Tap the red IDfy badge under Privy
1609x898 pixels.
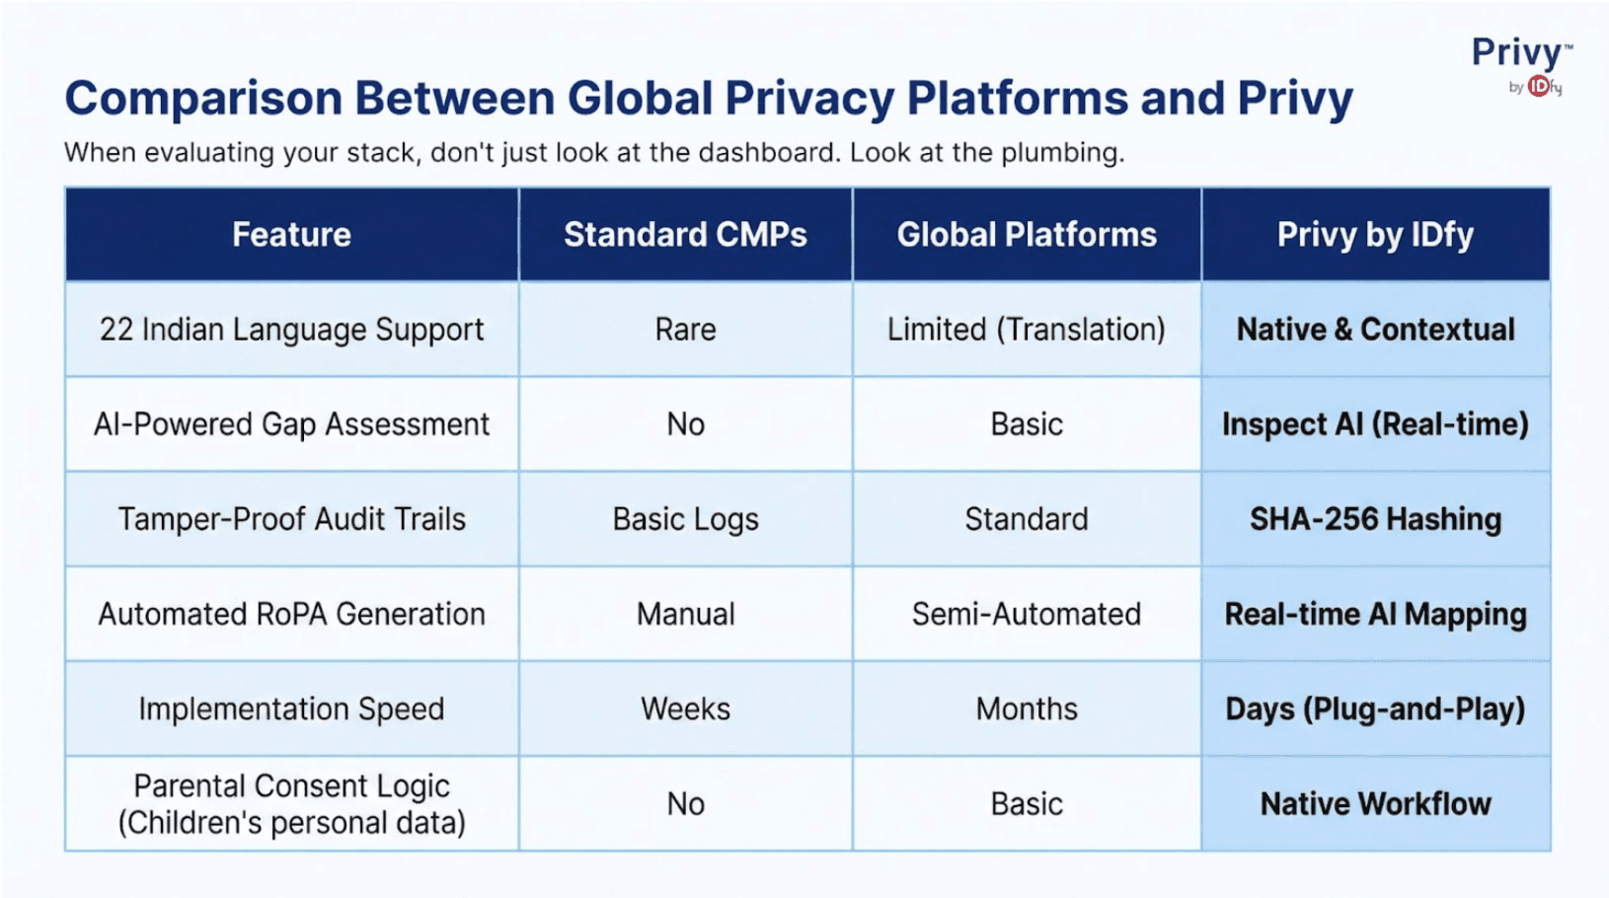pyautogui.click(x=1539, y=86)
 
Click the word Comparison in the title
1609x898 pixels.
pyautogui.click(x=203, y=99)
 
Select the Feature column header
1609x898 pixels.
pyautogui.click(x=291, y=235)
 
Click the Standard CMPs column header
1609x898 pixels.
pyautogui.click(x=685, y=235)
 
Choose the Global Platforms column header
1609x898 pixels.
pyautogui.click(x=1027, y=235)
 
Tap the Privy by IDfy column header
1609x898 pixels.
pyautogui.click(x=1375, y=235)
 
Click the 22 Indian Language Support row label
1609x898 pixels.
pyautogui.click(x=291, y=330)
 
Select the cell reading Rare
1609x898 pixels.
pyautogui.click(x=685, y=330)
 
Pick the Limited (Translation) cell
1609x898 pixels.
pyautogui.click(x=1027, y=330)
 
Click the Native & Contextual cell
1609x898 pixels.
pyautogui.click(x=1376, y=330)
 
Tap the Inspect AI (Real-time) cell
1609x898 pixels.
pyautogui.click(x=1376, y=424)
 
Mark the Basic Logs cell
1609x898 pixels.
pyautogui.click(x=685, y=519)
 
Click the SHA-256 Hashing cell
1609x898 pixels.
pyautogui.click(x=1376, y=519)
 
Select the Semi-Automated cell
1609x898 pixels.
pyautogui.click(x=1027, y=614)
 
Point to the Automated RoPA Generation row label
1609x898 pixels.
pyautogui.click(x=291, y=614)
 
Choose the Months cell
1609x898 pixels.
pyautogui.click(x=1027, y=709)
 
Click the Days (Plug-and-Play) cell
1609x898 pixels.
pyautogui.click(x=1376, y=710)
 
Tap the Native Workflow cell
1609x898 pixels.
pyautogui.click(x=1376, y=803)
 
